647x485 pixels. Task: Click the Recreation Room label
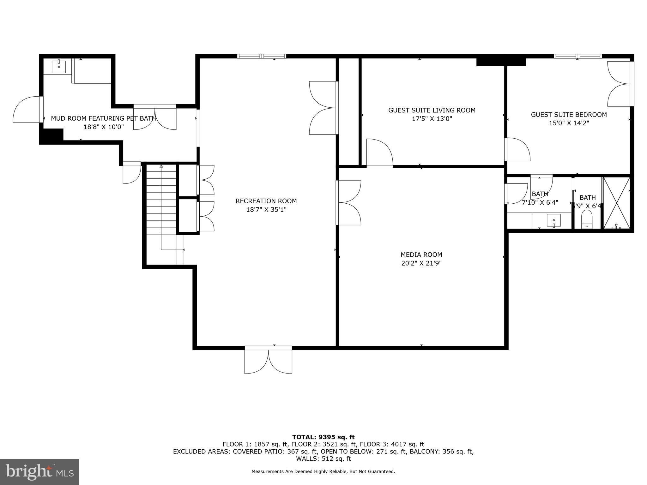266,201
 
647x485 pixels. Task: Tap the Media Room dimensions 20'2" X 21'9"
421,263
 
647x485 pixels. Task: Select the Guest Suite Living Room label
432,110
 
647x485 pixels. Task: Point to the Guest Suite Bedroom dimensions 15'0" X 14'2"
569,123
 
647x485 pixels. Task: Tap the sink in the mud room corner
59,66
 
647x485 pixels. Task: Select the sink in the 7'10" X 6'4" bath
553,220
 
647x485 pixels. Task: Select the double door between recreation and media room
348,202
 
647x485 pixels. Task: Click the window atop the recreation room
262,56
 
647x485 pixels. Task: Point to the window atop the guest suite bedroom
577,56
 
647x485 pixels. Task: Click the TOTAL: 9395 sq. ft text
323,437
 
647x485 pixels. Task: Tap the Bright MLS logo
39,472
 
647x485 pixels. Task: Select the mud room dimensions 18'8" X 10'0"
103,127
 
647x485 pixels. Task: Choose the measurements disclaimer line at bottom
323,471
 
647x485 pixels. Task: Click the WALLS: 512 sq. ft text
323,458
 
